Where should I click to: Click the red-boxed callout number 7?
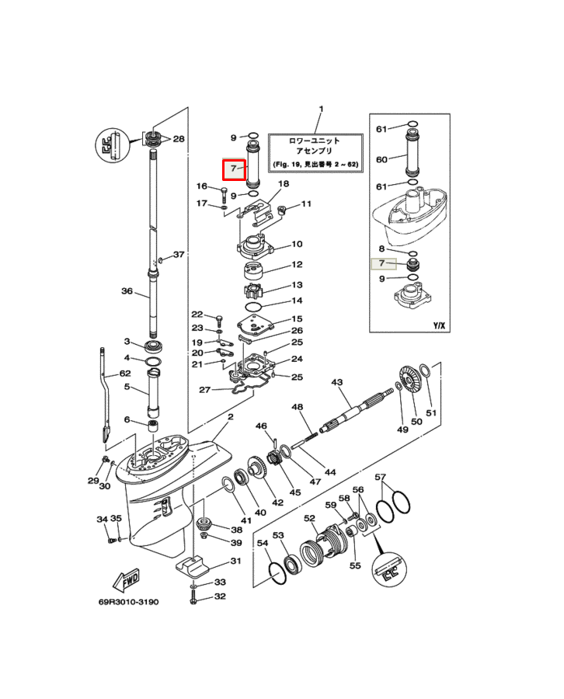coord(233,169)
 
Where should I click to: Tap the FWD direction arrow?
coord(126,580)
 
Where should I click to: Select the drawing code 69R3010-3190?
coord(128,602)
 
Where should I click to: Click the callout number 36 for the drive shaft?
coord(127,291)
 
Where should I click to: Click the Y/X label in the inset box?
coord(439,325)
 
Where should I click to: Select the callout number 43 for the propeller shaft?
coord(336,382)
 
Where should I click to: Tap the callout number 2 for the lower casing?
coord(231,417)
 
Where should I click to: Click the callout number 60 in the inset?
coord(381,159)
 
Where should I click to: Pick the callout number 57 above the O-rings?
coord(380,477)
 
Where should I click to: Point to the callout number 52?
coord(309,518)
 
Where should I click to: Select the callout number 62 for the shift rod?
coord(125,373)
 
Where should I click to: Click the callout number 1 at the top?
coord(321,109)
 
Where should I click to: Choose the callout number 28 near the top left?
coord(179,139)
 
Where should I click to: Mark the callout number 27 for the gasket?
coord(204,390)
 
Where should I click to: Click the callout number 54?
coord(263,543)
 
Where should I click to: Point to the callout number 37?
coord(179,255)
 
